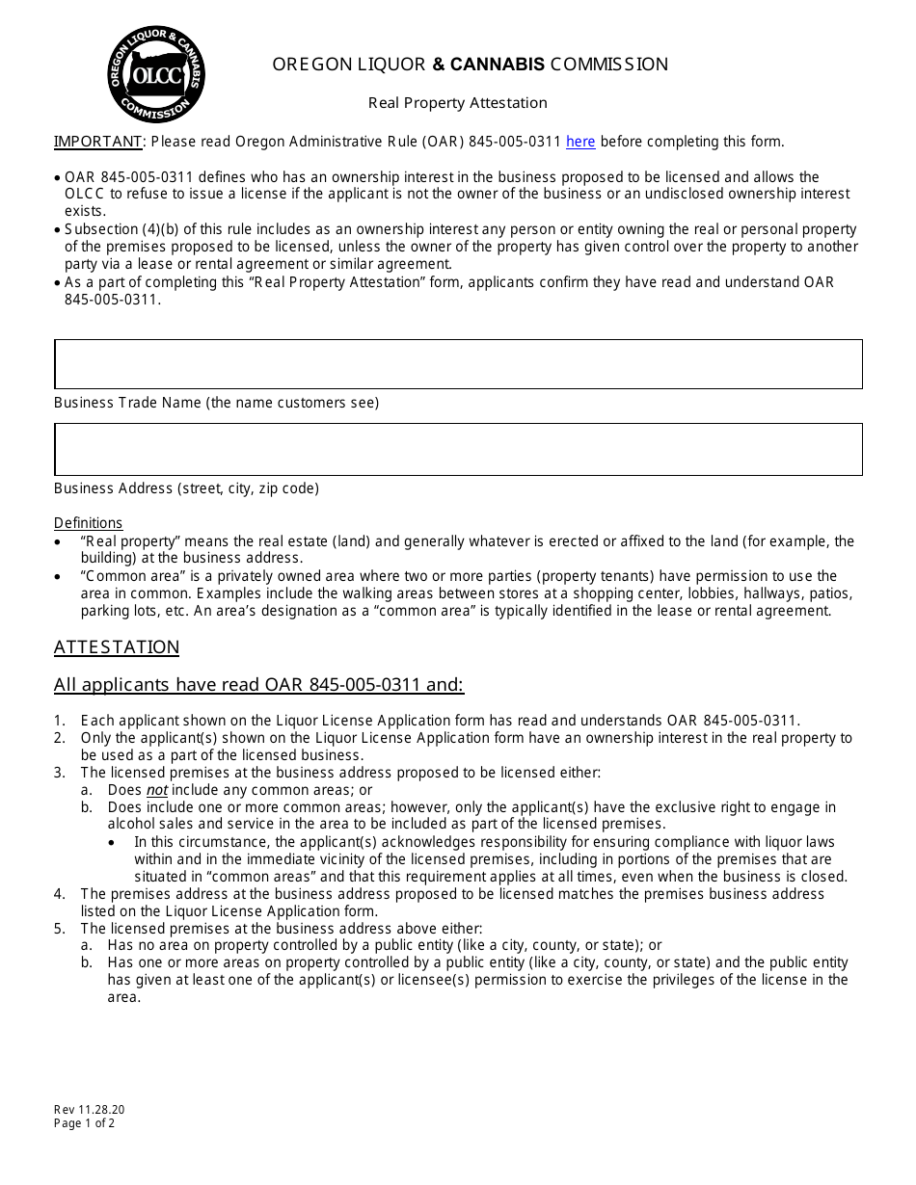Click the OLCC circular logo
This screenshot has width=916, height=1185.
(156, 75)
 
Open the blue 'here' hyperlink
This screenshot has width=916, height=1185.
(580, 142)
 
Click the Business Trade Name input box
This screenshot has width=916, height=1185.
(458, 364)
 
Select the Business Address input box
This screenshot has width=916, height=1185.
(458, 449)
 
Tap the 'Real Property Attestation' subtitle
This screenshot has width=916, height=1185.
(458, 103)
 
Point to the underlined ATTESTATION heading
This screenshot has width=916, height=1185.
(117, 647)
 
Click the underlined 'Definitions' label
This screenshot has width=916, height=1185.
(88, 523)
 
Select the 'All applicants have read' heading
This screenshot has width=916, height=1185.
(258, 685)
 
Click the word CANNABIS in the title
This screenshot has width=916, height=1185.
(498, 65)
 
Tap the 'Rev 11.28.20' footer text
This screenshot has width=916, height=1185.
(89, 1109)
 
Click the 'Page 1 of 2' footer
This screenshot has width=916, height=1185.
(84, 1122)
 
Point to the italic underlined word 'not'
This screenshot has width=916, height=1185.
(156, 790)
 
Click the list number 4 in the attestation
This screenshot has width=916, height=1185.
(59, 894)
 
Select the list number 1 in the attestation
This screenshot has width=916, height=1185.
(59, 721)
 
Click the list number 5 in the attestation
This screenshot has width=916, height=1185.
(59, 929)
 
